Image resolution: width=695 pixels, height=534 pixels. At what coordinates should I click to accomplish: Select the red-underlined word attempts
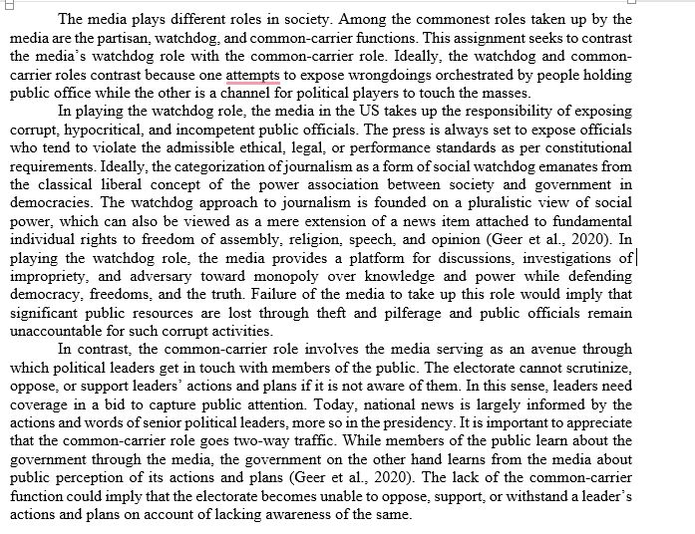coord(252,76)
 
